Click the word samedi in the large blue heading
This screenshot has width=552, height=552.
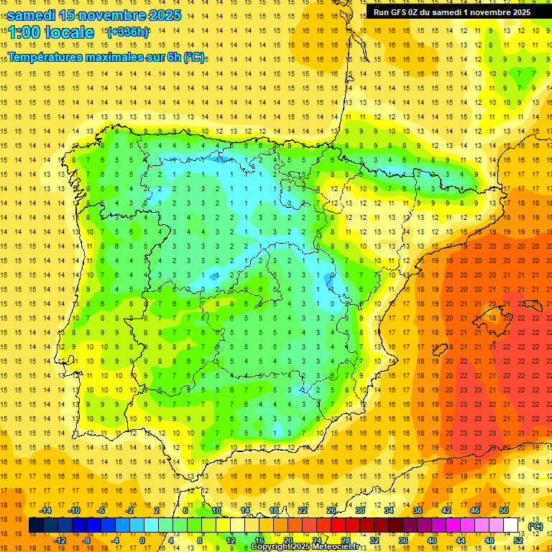[32, 15]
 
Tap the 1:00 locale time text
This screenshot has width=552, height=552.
[51, 32]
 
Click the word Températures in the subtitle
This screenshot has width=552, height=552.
[48, 57]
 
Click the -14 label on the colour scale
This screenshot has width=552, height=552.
[45, 510]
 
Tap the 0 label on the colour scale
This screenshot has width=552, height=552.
[142, 540]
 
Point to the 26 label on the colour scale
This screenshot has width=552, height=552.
[331, 510]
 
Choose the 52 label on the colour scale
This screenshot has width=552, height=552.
[518, 540]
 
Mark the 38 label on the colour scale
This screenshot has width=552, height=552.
[418, 510]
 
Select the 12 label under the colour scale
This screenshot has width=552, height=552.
[231, 540]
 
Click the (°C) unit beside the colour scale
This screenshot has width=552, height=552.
[535, 526]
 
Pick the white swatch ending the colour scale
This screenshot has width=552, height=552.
[510, 525]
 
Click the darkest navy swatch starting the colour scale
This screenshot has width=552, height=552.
[36, 525]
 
